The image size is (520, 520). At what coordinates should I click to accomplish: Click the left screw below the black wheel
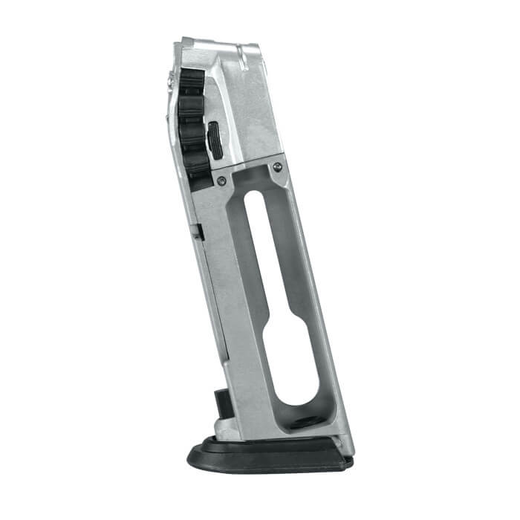point(221,181)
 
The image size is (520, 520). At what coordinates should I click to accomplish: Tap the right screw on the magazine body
point(277,166)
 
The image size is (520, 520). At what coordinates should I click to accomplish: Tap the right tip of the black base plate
point(351,462)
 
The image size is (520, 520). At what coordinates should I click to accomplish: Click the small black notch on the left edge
point(200,232)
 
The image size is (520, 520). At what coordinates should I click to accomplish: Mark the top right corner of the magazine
point(258,46)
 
